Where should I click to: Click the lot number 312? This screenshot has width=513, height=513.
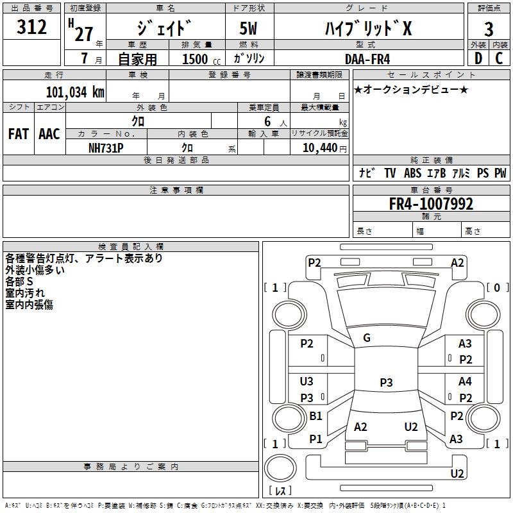pos(31,28)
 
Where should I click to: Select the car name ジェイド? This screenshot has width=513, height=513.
pos(164,28)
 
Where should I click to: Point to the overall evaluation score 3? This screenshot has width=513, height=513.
pos(489,29)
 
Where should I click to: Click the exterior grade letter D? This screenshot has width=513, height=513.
pos(478,58)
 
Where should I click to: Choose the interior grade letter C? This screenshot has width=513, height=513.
pos(499,58)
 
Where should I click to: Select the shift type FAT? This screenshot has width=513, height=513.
pos(18,134)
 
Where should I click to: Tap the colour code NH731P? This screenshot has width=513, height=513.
pos(106,147)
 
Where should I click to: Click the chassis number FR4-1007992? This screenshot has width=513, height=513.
pos(431,204)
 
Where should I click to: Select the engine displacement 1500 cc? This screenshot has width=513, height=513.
pos(199,59)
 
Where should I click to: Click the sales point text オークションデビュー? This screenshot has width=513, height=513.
pos(410,89)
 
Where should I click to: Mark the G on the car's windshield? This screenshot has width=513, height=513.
pos(367,337)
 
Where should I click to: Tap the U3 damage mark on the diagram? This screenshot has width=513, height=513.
pos(307,382)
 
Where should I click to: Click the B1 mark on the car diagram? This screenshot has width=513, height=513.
pos(315,416)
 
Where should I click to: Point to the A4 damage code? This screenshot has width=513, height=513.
pos(465,382)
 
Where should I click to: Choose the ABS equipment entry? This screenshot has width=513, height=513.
pos(412,173)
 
